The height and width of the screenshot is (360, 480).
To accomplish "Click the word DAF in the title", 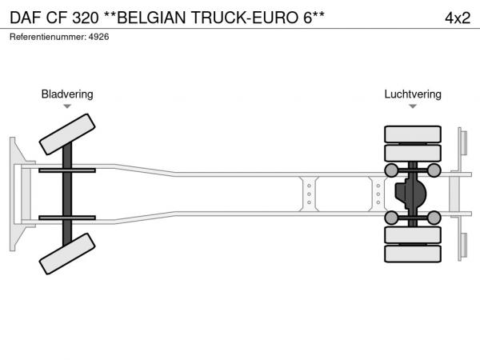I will pos(26,17).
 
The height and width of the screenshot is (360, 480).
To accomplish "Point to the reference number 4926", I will pos(98,37).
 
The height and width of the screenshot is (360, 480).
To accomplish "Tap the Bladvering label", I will pos(67,94).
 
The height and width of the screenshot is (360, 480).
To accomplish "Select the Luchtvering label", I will pos(412,94).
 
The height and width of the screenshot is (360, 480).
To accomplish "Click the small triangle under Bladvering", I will pos(67,106).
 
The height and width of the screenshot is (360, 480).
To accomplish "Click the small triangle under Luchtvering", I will pos(413,106).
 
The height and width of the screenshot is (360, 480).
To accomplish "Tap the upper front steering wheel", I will pos(67,134).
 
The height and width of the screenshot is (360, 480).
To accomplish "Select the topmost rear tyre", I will pos(413,134).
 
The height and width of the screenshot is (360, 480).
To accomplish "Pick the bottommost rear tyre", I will pos(413,254).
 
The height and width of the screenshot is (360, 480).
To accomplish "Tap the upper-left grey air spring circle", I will pos(392,170).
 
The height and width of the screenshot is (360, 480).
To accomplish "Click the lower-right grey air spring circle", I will pos(434,217).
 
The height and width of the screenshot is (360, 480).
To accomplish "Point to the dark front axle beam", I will pos(67,194).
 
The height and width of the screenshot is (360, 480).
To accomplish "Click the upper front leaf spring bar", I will pos(67,170).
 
